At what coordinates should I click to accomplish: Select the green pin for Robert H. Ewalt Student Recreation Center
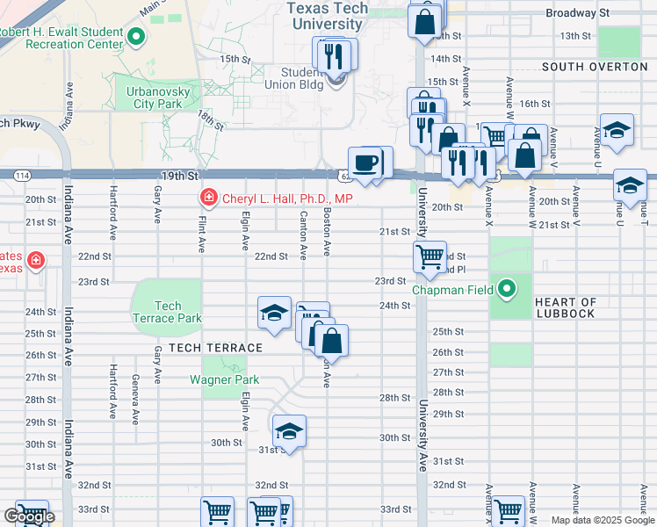(x=136, y=37)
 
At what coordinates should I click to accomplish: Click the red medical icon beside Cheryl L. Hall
(x=209, y=199)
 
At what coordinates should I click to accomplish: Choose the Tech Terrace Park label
(x=167, y=312)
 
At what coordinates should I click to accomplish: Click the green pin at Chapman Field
(x=507, y=288)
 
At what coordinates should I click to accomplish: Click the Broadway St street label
(x=577, y=13)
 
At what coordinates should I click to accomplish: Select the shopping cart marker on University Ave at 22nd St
(x=430, y=257)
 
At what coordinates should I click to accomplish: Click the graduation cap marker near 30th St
(x=288, y=431)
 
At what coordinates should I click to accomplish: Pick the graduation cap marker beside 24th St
(x=274, y=313)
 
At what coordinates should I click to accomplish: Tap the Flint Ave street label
(x=202, y=236)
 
